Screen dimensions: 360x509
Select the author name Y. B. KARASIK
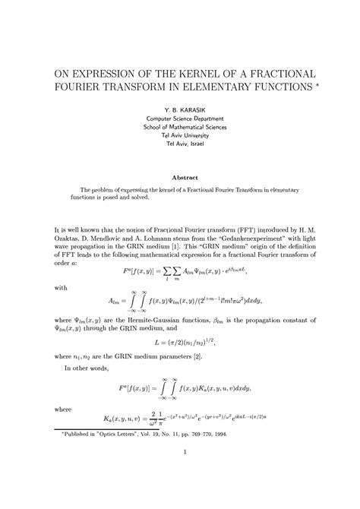tap(179, 109)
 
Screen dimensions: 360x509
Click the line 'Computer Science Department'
tap(179, 119)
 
